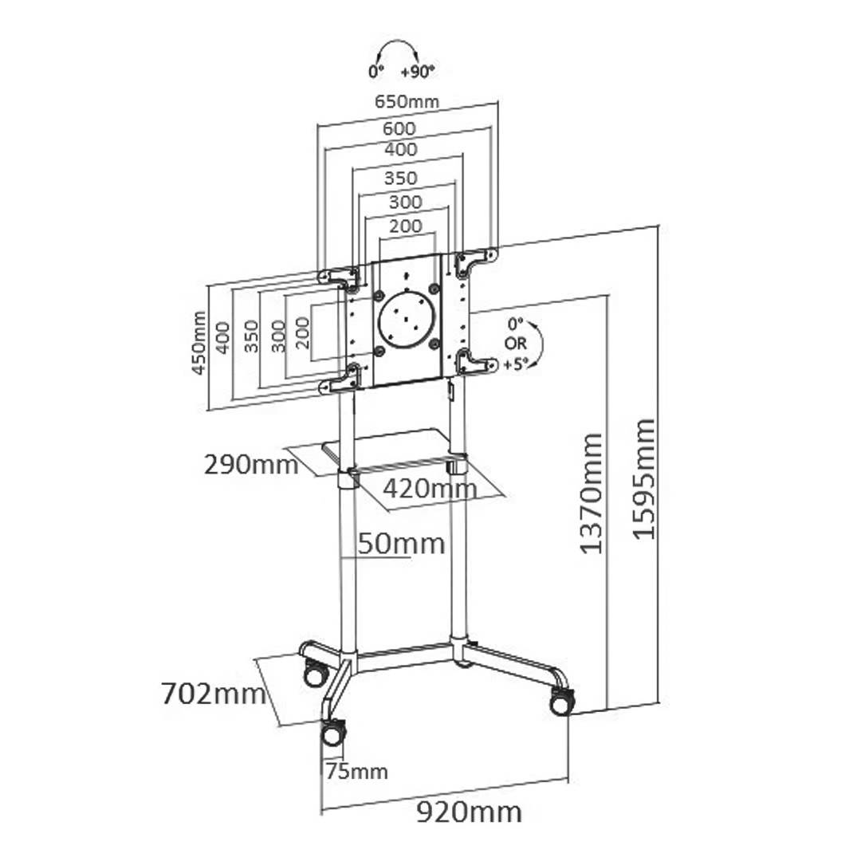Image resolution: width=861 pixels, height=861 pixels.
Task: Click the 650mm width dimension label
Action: click(407, 101)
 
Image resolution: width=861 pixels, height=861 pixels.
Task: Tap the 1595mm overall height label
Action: click(644, 478)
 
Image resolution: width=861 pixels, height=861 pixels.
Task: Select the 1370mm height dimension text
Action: click(591, 493)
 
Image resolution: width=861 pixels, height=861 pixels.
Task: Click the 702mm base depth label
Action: click(213, 694)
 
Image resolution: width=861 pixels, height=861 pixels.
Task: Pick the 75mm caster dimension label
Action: click(356, 771)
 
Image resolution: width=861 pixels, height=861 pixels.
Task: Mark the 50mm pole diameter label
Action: click(400, 544)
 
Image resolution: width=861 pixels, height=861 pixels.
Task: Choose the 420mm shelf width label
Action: click(430, 487)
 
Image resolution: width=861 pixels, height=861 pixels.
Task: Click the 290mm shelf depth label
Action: click(251, 464)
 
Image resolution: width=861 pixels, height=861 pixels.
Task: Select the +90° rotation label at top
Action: click(418, 72)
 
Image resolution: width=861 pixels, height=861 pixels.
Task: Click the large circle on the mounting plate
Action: click(407, 319)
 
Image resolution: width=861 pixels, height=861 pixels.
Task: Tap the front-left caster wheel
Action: click(333, 732)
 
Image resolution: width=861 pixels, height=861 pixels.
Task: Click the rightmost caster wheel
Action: click(560, 700)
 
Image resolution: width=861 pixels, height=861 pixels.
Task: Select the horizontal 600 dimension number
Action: click(399, 128)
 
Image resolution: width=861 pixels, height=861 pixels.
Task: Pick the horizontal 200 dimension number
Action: click(406, 226)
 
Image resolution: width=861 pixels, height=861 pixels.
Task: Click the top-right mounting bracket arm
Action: click(476, 260)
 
